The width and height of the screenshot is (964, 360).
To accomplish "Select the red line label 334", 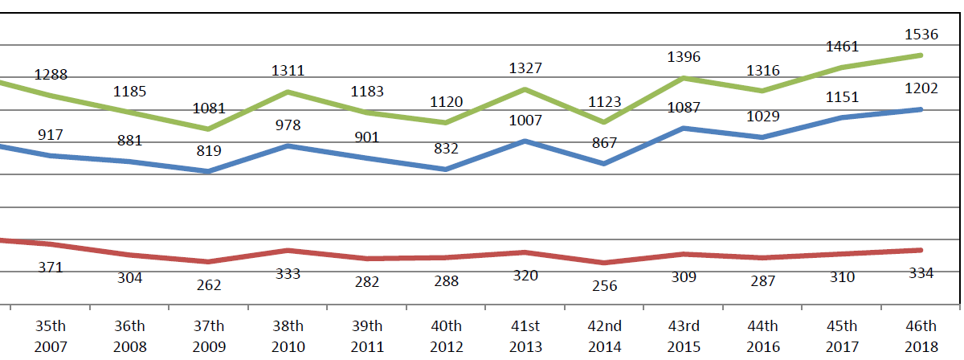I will (921, 273).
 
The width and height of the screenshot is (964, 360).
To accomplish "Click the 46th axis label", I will (921, 326).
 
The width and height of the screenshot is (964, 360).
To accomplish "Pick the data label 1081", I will (209, 108).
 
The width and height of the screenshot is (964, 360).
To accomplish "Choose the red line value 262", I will (209, 284).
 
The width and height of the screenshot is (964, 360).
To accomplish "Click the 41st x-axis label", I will (525, 326).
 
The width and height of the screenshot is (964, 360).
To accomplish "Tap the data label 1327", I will (525, 68).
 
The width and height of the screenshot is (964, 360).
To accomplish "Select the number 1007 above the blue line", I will (525, 121).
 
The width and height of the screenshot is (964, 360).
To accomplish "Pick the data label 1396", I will (684, 57).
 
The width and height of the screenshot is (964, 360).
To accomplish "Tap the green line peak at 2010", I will (288, 92).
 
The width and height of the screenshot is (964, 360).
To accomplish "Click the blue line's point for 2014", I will (604, 163).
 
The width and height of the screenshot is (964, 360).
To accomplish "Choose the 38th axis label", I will (288, 326).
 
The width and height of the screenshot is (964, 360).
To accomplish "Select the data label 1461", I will (842, 47).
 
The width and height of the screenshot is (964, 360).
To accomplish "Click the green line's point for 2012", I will (446, 122).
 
